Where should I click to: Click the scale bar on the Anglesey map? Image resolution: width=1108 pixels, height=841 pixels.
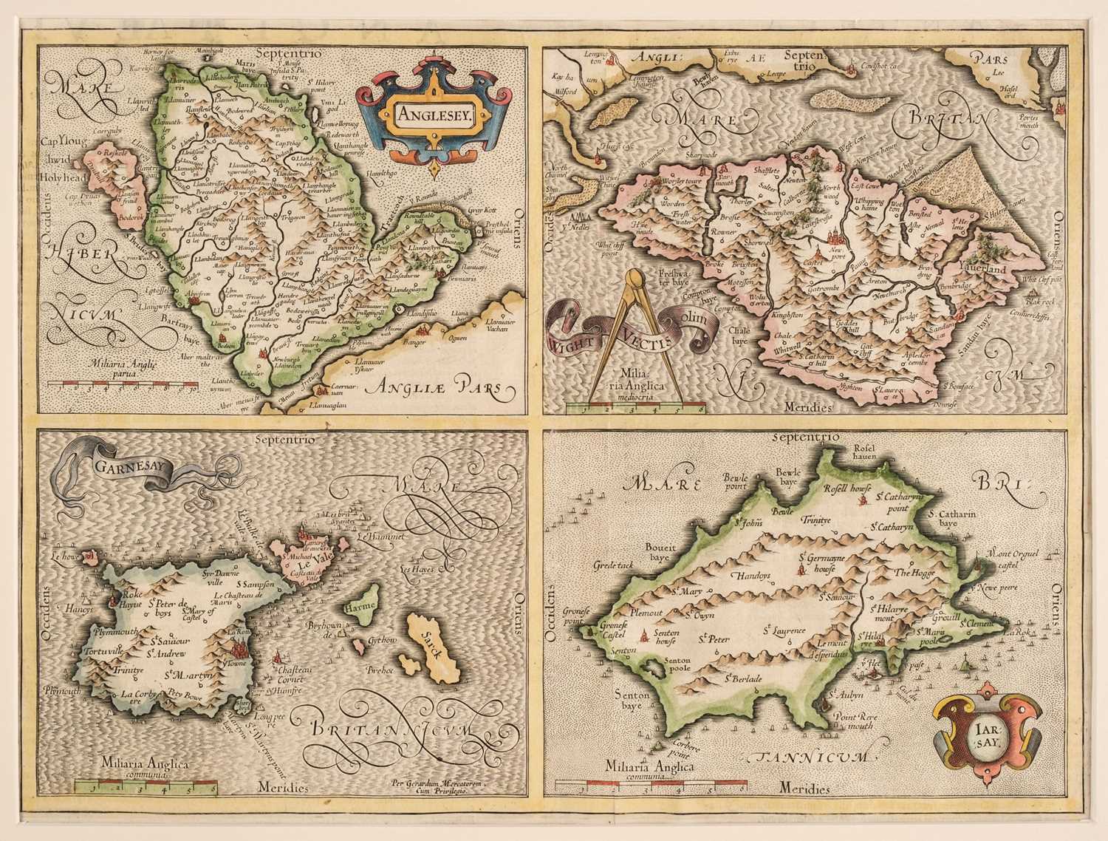(122, 384)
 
